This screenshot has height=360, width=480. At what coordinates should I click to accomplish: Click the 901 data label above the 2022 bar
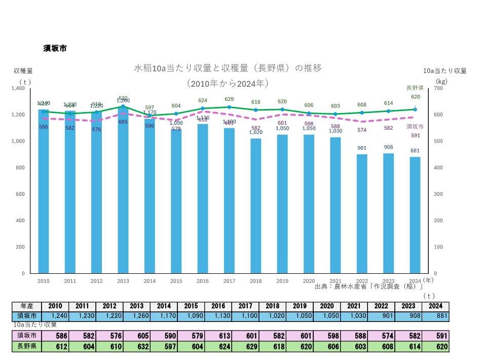click(x=362, y=148)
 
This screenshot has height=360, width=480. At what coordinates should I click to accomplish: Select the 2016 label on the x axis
click(x=202, y=280)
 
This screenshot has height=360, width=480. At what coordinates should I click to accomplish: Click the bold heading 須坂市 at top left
click(x=55, y=49)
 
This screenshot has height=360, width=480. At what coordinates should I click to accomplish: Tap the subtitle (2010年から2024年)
click(x=227, y=83)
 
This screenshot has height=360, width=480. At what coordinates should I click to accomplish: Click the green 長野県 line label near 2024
click(x=415, y=88)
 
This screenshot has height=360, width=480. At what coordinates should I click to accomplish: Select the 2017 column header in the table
click(x=245, y=306)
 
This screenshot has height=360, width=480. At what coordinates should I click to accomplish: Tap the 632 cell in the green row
click(x=136, y=347)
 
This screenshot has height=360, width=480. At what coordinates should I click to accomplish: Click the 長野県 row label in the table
click(x=26, y=347)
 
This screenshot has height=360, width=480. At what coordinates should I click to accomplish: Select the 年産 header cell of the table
click(x=26, y=306)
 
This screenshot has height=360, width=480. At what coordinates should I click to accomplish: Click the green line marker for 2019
click(x=282, y=110)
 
